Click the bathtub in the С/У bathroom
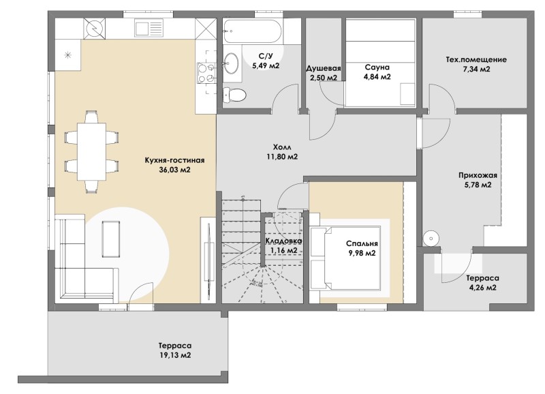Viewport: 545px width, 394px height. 253,31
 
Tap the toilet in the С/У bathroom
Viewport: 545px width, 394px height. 234,94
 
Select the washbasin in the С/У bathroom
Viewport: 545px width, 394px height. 231,63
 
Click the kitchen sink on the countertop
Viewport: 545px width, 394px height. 149,28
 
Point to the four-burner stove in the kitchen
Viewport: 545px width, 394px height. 206,73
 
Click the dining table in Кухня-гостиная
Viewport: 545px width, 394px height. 91,151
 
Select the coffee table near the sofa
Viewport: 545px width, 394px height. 111,239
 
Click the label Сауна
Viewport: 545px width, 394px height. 377,67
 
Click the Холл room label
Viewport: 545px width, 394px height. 282,147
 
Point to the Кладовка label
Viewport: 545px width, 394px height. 283,241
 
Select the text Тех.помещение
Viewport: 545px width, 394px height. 476,59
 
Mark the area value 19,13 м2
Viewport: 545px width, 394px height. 175,355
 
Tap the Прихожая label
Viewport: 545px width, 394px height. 478,175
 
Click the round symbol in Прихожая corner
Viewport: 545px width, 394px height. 431,239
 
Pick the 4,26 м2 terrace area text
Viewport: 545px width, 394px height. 482,288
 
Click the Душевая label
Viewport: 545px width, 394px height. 323,68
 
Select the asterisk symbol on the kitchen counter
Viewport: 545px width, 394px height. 69,55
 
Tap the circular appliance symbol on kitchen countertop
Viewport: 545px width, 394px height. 94,28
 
